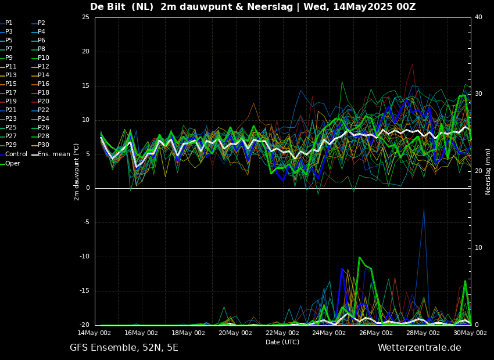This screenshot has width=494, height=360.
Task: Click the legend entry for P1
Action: point(9,23)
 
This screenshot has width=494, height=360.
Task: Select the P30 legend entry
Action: point(44,145)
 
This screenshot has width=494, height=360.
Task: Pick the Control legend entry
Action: point(16,154)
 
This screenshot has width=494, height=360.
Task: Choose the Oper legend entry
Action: point(13,163)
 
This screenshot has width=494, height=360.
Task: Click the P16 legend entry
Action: point(44,84)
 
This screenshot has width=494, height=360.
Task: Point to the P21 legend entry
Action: point(10,110)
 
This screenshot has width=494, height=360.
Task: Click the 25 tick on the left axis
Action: point(85,17)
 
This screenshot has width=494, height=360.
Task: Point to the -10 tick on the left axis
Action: point(84,257)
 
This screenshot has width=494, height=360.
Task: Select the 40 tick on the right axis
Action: point(478,17)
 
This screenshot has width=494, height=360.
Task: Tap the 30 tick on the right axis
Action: point(478,94)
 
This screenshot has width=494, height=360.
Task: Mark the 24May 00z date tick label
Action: point(329,333)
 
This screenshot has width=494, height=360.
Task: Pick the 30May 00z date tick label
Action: point(470,333)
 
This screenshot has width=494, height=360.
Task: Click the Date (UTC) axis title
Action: point(282,342)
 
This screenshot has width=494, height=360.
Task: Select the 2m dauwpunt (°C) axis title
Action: point(76,171)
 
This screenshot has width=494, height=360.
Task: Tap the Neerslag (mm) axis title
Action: point(488,171)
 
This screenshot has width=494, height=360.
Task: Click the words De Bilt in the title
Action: point(109,7)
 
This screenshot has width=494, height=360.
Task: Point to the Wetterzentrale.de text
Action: point(419,348)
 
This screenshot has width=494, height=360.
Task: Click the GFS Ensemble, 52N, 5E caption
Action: point(124,348)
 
